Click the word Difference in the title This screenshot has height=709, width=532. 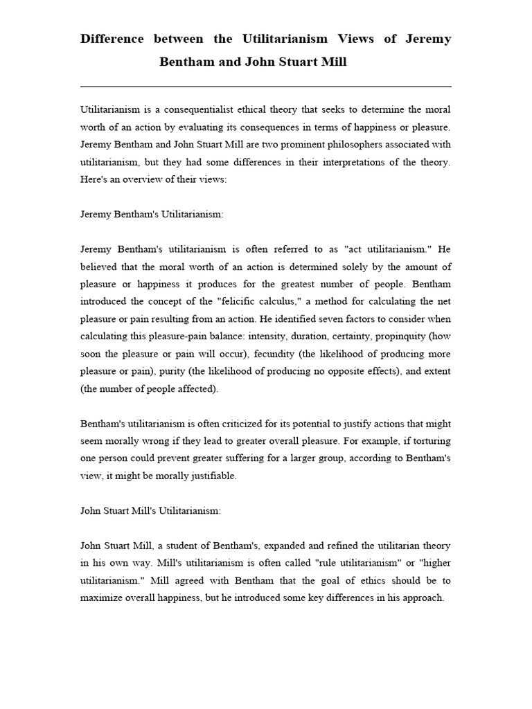[112, 39]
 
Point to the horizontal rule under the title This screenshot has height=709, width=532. [266, 87]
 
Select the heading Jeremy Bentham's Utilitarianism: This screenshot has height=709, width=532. [152, 215]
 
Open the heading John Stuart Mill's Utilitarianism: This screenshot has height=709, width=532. [151, 510]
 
